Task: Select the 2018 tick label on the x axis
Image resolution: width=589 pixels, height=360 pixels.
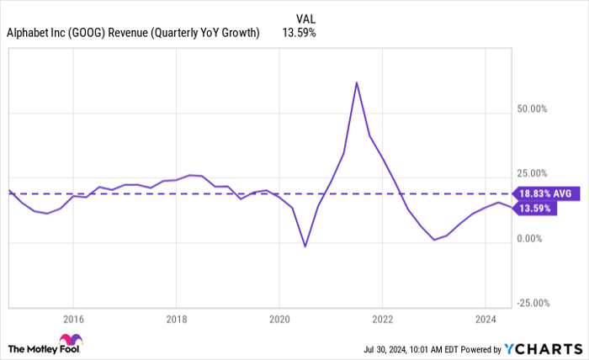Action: coord(175,319)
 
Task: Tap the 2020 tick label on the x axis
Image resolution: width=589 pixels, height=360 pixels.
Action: coord(279,319)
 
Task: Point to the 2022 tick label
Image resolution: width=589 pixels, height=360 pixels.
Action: coord(382,319)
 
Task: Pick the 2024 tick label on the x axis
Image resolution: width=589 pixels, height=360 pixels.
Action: coord(485,319)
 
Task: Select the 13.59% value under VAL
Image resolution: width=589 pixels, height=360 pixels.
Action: coord(308,33)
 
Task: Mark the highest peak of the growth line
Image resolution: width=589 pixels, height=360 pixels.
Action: coord(357,82)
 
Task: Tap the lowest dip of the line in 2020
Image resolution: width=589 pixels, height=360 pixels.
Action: coord(305,246)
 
